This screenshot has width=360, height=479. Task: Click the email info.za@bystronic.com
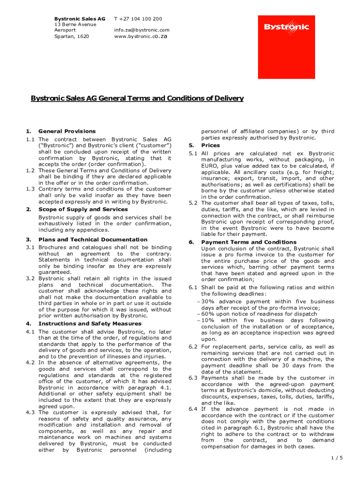pos(142,30)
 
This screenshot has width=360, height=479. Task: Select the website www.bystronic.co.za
pos(140,36)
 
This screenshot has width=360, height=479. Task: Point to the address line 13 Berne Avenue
pos(75,24)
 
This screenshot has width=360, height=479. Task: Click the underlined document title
pos(137,98)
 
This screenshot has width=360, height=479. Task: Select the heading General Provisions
pos(67,131)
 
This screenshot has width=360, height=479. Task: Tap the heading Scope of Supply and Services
pos(83,209)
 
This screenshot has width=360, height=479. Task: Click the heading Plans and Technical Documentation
pos(93,239)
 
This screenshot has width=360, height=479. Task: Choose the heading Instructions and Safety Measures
pos(90,323)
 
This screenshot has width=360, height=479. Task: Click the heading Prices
pos(210,145)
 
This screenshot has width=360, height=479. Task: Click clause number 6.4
pos(193,409)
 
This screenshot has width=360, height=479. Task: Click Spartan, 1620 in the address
pos(72,36)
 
